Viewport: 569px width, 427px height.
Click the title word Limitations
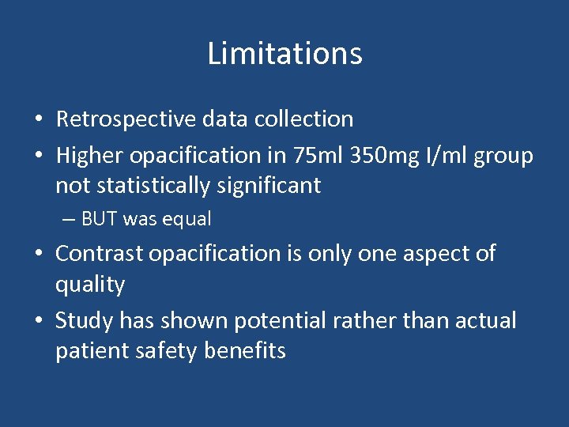click(284, 54)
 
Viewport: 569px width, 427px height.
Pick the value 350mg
click(368, 156)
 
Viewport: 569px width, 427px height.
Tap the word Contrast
click(99, 254)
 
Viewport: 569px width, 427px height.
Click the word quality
click(90, 285)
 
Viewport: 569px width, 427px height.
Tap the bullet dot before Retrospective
click(39, 120)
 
